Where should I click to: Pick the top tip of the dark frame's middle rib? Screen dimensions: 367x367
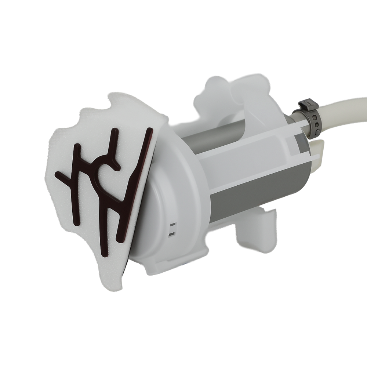[115, 131]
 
